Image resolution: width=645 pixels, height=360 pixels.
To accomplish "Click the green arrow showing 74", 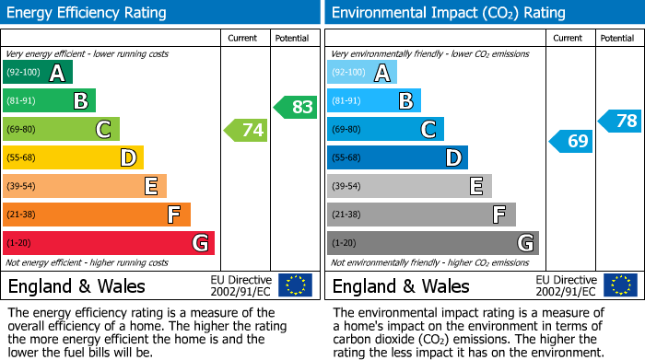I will pos(246,131).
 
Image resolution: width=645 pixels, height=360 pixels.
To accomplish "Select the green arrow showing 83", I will pos(296,107).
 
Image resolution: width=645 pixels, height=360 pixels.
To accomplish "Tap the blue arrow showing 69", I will pos(570,142).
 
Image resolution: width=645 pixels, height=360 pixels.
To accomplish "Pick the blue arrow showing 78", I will pos(620,121).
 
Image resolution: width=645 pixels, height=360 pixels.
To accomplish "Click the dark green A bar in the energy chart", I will pos(37,73).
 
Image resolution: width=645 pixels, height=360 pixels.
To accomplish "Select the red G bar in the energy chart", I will pos(108,243).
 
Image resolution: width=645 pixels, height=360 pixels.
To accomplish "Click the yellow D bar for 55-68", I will pos(73,158).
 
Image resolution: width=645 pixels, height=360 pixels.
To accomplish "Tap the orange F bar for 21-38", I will pos(96,215).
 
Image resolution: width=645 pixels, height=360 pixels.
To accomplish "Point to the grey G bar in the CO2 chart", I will pos(432,243).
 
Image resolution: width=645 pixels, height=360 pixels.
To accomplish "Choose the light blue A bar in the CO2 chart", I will pos(361,73).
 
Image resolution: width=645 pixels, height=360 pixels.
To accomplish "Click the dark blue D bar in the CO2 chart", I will pos(397,158).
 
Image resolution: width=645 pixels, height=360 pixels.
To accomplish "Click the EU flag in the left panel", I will pos(295,285).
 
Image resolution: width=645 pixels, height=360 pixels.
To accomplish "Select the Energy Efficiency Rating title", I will pos(88,13).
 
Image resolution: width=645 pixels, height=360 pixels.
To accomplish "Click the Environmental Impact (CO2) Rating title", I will pos(448,13).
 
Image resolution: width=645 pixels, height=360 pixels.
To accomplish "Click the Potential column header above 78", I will pos(617,38).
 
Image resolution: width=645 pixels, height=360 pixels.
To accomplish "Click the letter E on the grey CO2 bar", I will pos(475,187).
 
